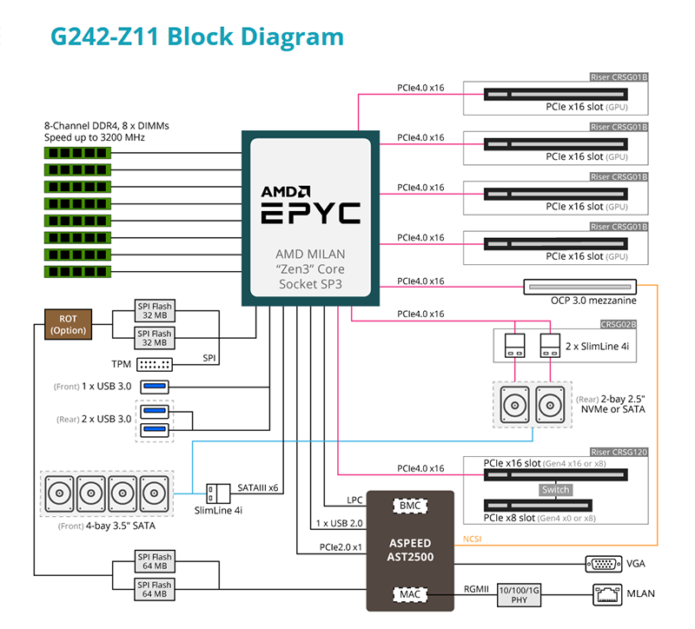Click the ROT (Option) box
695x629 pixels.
(x=68, y=324)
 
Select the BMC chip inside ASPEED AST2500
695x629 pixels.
(x=409, y=505)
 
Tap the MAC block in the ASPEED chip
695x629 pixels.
(x=409, y=594)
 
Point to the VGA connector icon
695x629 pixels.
(x=603, y=563)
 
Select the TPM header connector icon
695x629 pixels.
(x=155, y=364)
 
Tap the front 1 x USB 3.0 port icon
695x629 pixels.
(x=155, y=386)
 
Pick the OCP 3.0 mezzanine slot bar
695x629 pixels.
(x=580, y=285)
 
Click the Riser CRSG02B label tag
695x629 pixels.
(x=619, y=324)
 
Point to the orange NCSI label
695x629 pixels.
(x=473, y=539)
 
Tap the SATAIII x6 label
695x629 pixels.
(x=259, y=487)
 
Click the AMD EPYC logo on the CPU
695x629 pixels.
(x=310, y=204)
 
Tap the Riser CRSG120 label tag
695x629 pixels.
(x=619, y=452)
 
